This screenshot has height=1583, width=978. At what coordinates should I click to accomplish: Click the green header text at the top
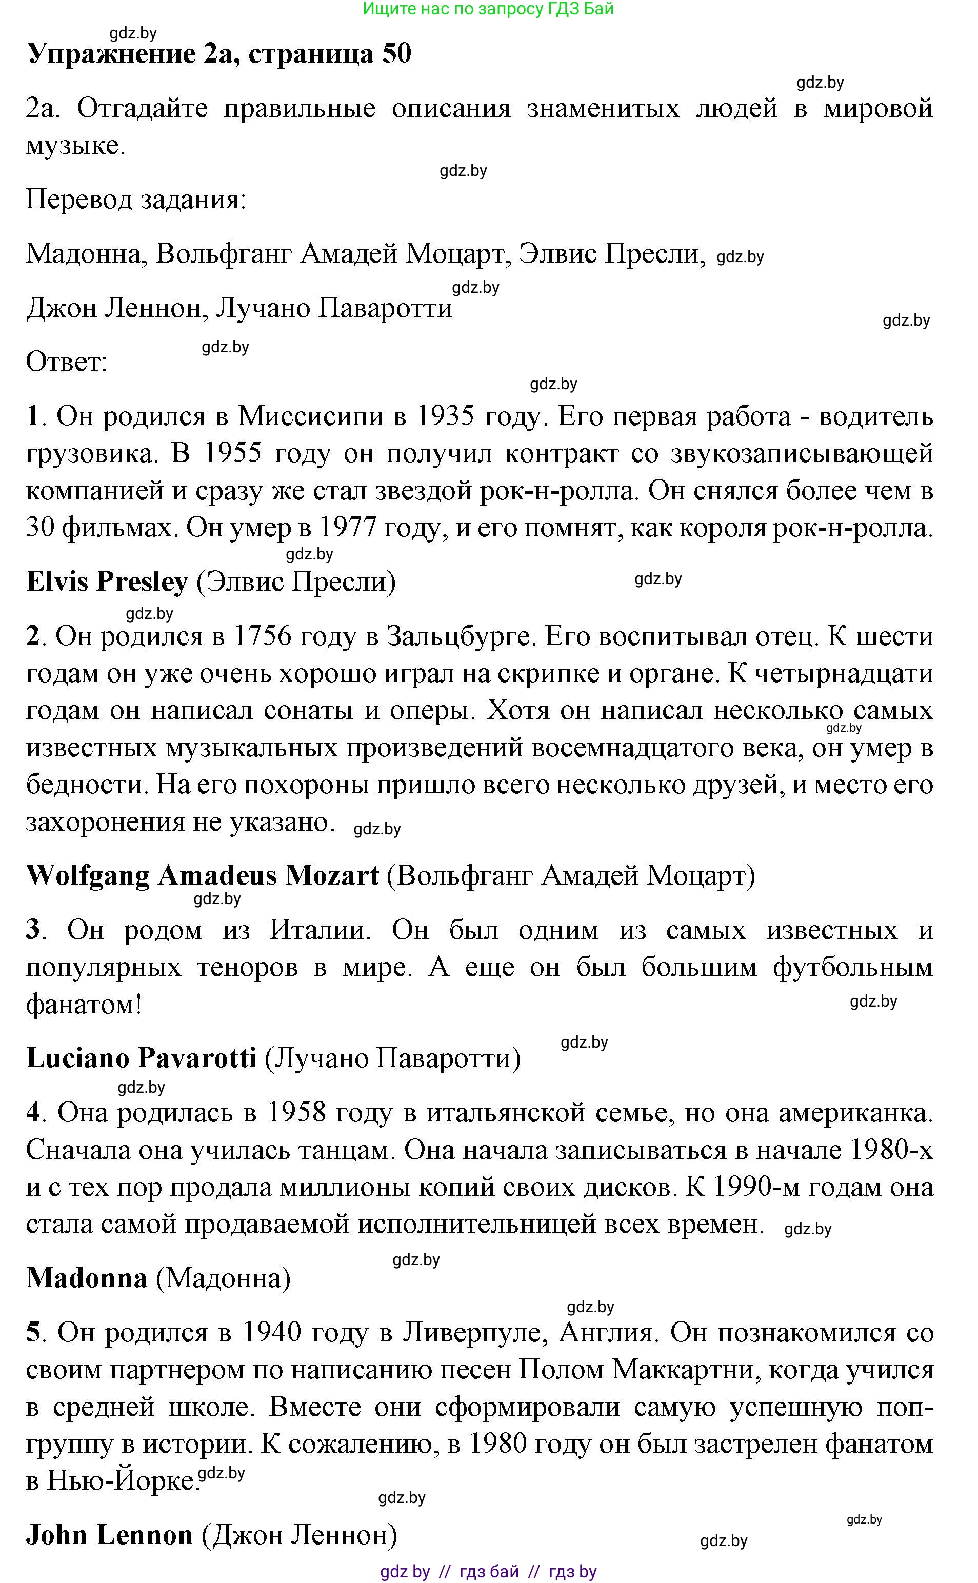pyautogui.click(x=488, y=9)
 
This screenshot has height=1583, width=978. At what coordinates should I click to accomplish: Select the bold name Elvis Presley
pyautogui.click(x=107, y=582)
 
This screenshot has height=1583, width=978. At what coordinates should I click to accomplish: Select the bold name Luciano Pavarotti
pyautogui.click(x=141, y=1058)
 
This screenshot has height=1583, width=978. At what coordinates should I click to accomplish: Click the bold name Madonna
pyautogui.click(x=87, y=1278)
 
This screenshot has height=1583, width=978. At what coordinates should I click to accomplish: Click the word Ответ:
pyautogui.click(x=66, y=362)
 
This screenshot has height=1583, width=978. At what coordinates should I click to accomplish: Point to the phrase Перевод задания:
pyautogui.click(x=136, y=200)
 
